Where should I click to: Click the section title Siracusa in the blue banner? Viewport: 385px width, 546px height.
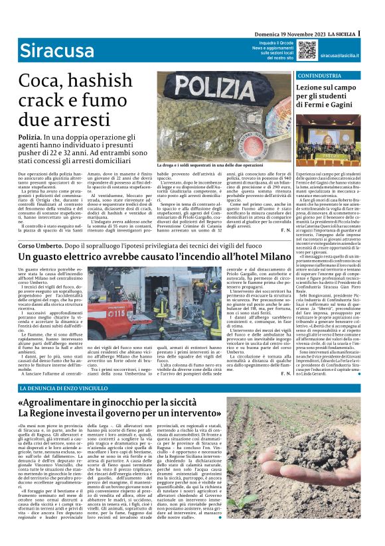coord(47,50)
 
